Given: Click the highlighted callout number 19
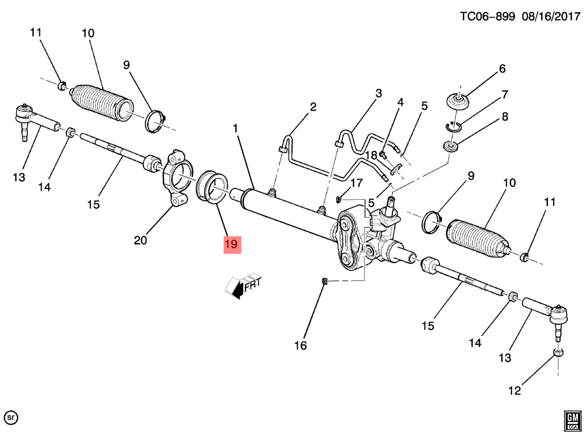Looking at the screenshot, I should click(x=231, y=244).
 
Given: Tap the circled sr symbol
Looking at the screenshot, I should click(x=11, y=418).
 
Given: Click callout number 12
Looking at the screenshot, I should click(x=515, y=390).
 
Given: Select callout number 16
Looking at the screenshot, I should click(x=300, y=345).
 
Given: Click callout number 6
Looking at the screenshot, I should click(x=502, y=69).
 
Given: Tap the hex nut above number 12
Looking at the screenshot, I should click(x=558, y=353).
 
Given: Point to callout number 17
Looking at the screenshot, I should click(x=357, y=183).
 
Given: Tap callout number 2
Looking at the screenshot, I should click(x=313, y=107).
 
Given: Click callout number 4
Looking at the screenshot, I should click(x=400, y=103).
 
